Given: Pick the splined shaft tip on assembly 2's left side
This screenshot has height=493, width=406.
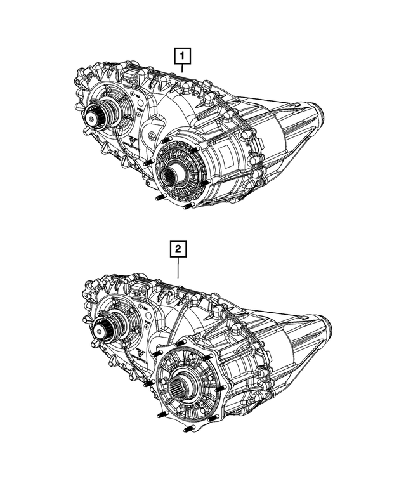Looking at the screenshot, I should click(100, 329).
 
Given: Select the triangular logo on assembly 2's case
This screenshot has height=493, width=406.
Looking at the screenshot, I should click(138, 351).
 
